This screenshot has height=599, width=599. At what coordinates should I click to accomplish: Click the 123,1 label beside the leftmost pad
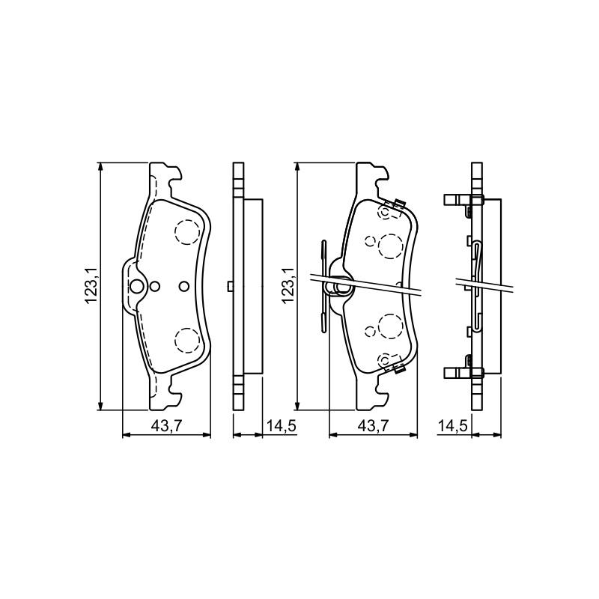point(91,286)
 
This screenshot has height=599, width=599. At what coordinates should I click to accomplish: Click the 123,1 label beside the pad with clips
point(288,286)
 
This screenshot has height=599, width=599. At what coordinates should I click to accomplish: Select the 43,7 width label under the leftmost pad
point(166,425)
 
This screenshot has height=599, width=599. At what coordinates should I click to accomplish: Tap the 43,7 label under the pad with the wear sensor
point(373,425)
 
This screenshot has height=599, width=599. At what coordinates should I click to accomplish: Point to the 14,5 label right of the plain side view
point(282,425)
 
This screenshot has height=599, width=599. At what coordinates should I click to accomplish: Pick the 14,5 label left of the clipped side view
point(453,425)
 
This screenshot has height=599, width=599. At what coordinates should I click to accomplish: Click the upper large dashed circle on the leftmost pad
point(186,233)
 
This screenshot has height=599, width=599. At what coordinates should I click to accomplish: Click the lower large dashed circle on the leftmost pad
point(187,340)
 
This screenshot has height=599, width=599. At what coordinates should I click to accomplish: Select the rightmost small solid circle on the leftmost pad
point(183,286)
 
